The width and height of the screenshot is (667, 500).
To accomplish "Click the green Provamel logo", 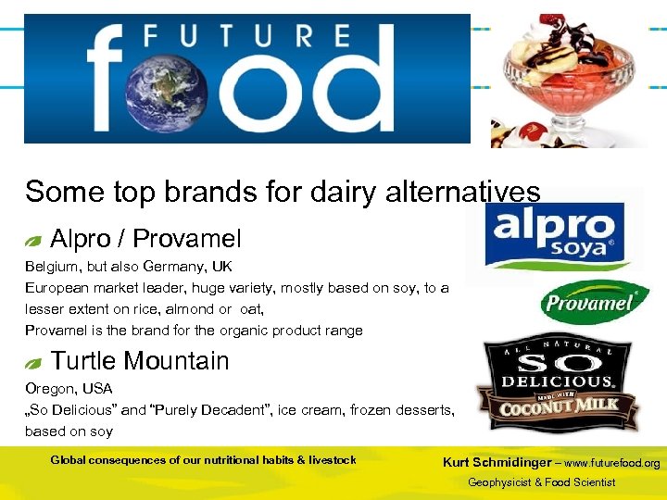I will coord(594,302).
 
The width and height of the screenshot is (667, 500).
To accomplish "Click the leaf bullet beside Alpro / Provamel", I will coord(33,241).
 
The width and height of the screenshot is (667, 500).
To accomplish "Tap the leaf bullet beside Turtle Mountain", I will coord(33,362).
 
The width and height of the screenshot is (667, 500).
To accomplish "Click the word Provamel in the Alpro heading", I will coord(186,239).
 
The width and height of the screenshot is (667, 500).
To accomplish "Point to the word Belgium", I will coord(52,267).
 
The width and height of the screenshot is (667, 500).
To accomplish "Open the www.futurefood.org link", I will coord(612,463).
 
